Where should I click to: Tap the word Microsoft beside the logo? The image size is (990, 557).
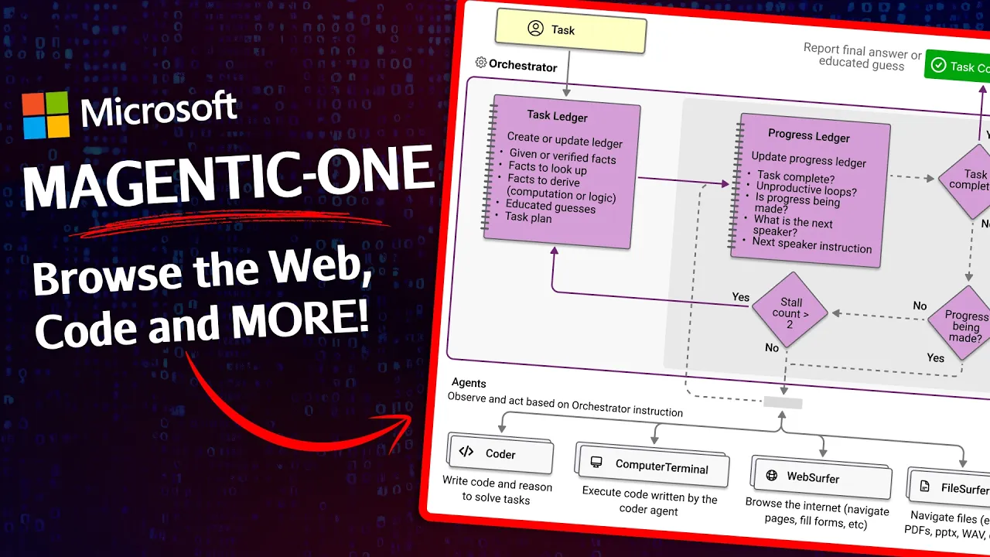159,110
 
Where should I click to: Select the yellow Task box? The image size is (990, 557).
571,30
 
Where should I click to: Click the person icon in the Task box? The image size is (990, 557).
535,29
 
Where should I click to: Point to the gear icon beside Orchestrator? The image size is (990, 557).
480,63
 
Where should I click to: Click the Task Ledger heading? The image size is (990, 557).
557,116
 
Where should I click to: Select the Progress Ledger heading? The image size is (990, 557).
808,135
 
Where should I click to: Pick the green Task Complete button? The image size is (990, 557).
959,67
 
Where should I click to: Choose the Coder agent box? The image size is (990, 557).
500,454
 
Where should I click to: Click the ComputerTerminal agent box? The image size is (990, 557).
654,466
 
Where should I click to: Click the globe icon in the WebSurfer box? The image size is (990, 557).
771,475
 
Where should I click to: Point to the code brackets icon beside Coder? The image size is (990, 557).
466,452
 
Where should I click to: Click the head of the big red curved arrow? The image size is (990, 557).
406,425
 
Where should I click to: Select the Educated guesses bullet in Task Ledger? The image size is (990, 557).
551,206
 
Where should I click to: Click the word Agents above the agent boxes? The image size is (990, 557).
469,383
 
